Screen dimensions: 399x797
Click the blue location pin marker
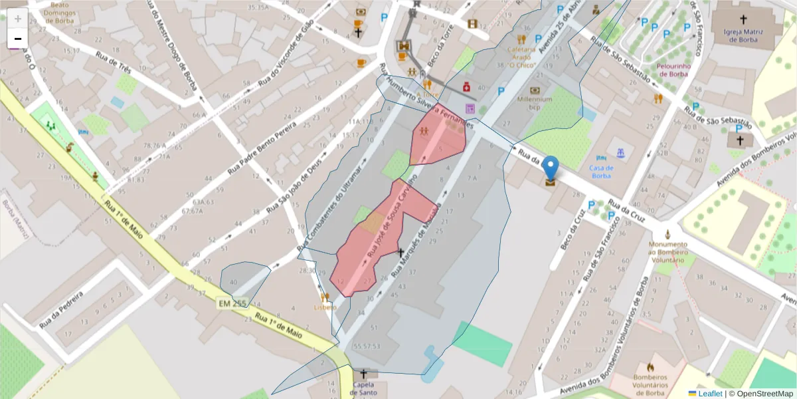click(551, 166)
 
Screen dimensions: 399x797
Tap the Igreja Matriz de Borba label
click(743, 35)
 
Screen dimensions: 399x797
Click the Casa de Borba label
click(600, 172)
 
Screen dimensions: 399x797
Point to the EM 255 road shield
click(232, 304)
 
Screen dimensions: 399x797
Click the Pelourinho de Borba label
click(673, 70)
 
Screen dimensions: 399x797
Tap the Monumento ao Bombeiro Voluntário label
click(668, 253)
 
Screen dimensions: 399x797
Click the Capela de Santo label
click(363, 388)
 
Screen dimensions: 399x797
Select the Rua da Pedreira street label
click(60, 309)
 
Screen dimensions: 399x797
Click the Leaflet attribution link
click(709, 394)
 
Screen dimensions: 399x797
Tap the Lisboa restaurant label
click(325, 307)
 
